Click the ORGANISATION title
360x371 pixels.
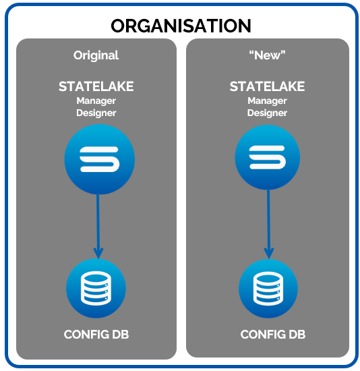click(181, 26)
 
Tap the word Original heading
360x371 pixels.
click(96, 55)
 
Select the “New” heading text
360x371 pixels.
click(267, 55)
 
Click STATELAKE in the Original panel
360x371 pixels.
click(96, 86)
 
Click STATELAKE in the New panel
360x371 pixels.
click(267, 86)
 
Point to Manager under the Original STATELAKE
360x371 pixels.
click(96, 101)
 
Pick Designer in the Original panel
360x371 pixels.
click(96, 113)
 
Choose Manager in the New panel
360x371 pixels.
click(267, 101)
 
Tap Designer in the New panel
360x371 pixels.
click(267, 113)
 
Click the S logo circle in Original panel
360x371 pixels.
click(100, 159)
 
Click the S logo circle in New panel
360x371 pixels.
click(268, 157)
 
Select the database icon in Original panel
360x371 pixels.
click(96, 289)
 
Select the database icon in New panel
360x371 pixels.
click(268, 289)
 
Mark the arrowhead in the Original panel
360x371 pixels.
click(98, 253)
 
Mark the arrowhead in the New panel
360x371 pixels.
click(269, 253)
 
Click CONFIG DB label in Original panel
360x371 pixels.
click(96, 335)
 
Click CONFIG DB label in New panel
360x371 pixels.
click(273, 335)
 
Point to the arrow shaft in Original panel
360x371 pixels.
click(98, 221)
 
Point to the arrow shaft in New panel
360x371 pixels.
click(268, 219)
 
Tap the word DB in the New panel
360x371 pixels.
click(297, 335)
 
